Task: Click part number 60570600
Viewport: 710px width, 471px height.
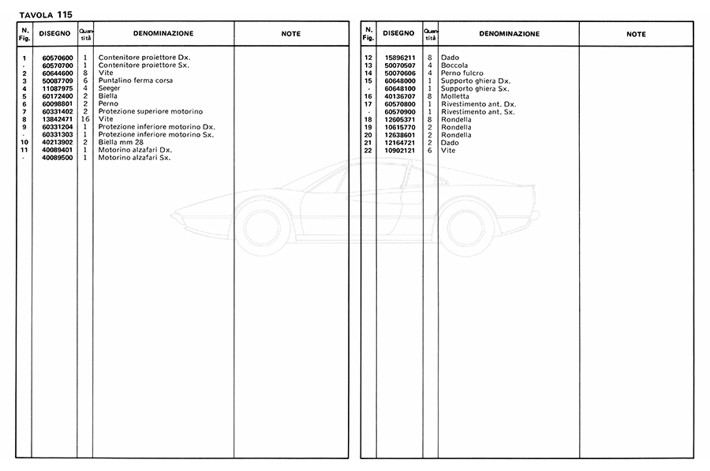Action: [58, 58]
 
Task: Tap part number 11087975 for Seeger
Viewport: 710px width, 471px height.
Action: [58, 88]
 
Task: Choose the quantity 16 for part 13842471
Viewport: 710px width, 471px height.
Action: [85, 119]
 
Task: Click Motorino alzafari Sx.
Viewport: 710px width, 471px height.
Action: [135, 158]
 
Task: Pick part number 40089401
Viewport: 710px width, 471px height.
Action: [58, 150]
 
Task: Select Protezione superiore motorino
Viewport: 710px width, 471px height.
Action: [151, 111]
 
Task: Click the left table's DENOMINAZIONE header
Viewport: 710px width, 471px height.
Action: [163, 34]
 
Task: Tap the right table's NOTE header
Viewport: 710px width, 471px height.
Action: [636, 34]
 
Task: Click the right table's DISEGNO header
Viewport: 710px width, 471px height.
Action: [399, 34]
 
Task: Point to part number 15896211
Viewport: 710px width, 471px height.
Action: [400, 58]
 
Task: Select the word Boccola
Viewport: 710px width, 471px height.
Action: [456, 65]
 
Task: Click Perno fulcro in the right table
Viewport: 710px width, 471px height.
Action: [462, 73]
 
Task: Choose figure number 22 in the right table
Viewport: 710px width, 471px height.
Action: [368, 150]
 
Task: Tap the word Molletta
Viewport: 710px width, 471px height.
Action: [457, 96]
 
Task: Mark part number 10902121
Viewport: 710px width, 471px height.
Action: [400, 150]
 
